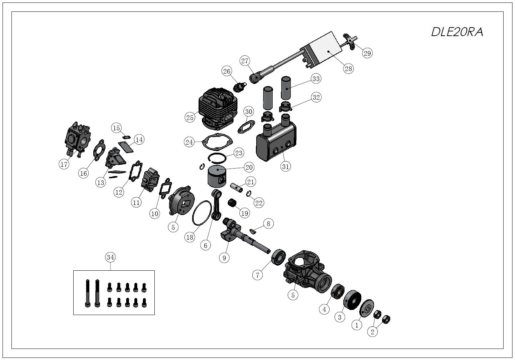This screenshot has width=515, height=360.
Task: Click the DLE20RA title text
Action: pos(457,32)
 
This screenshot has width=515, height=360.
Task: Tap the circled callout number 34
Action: pos(110,257)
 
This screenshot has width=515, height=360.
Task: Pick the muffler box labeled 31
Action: pos(276,140)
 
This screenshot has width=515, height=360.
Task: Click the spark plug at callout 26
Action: pos(239,87)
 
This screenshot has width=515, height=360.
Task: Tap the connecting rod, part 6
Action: pos(216,205)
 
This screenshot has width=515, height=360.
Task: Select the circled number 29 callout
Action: pos(367,53)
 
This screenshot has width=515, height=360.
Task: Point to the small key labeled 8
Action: pos(253,230)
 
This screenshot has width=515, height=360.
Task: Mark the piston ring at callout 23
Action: pos(217,158)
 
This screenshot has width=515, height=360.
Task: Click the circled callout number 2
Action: pos(372,332)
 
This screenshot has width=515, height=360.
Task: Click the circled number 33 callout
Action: pos(316,79)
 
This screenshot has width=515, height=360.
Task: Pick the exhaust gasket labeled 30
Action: pos(246,127)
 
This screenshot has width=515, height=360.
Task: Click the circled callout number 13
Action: pos(100,182)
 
